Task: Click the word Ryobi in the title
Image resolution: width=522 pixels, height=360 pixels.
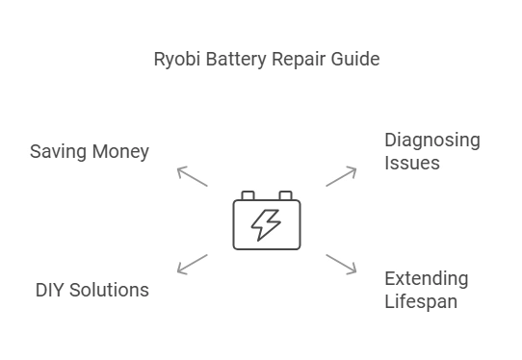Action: point(175,60)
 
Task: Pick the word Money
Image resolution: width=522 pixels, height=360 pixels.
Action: point(119,152)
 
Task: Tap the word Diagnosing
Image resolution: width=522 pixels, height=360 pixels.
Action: point(431,141)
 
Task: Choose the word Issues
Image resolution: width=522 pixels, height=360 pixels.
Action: point(411,164)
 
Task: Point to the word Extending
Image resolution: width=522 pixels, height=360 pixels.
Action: point(426,279)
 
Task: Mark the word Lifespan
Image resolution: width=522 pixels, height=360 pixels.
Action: point(420,301)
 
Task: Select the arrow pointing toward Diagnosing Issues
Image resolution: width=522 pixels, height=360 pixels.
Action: point(342,175)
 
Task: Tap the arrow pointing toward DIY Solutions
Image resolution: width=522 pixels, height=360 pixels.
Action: point(192,264)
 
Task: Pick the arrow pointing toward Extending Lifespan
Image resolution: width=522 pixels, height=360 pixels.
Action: point(342,264)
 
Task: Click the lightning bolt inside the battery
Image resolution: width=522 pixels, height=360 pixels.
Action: point(266,224)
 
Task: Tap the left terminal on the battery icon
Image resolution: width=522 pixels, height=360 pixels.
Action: point(248,195)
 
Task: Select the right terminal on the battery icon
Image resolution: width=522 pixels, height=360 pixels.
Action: point(285,195)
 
